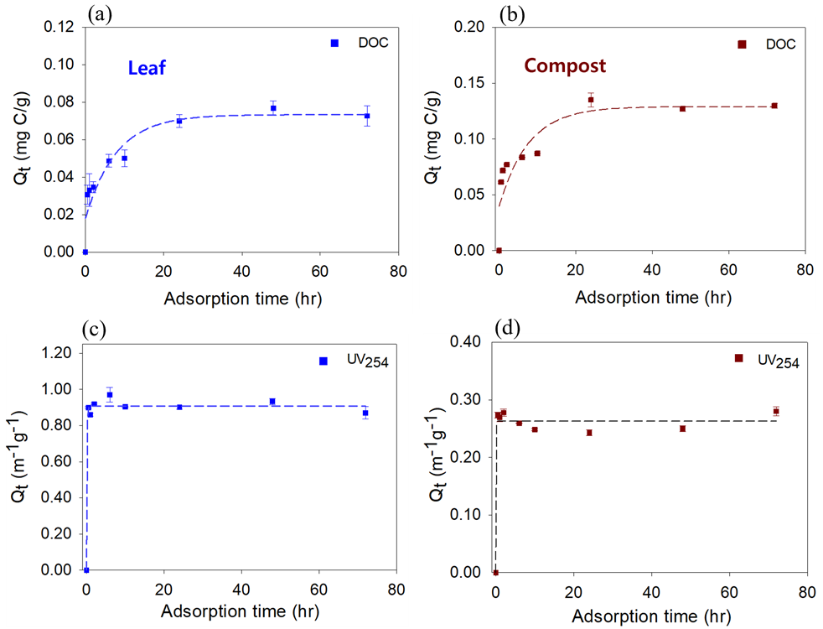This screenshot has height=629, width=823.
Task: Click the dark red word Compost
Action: pos(564,65)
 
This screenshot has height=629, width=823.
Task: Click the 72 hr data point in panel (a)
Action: pos(367,116)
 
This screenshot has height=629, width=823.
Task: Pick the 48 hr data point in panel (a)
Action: pos(273,107)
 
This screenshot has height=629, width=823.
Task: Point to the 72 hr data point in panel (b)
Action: pos(774,106)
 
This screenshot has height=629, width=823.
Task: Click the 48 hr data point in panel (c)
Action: pos(273,402)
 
